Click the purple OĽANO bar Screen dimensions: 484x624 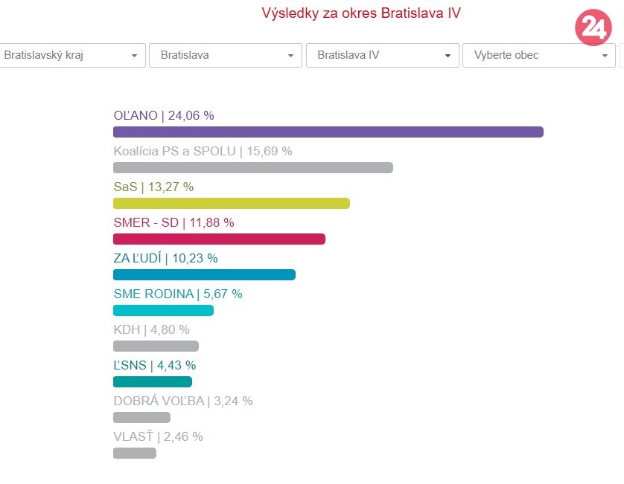(x=328, y=132)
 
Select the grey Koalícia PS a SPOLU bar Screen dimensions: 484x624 (x=252, y=168)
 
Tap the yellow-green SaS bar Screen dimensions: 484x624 (x=231, y=204)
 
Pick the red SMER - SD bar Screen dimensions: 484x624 (x=219, y=239)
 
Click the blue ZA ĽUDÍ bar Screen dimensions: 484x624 (x=204, y=275)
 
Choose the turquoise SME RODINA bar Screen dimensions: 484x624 (x=163, y=311)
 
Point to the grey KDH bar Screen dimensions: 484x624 (x=156, y=346)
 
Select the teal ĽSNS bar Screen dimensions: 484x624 (x=152, y=382)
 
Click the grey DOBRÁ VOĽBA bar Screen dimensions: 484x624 (x=141, y=418)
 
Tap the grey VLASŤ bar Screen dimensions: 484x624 (x=134, y=454)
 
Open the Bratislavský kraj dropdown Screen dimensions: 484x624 (x=71, y=56)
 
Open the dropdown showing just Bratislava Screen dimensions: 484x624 (x=225, y=56)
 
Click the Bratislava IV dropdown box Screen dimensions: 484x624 (x=382, y=56)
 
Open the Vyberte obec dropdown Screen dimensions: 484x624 (x=538, y=56)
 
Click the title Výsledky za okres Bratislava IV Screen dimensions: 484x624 (x=366, y=13)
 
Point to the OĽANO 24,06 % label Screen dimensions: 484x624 (x=164, y=115)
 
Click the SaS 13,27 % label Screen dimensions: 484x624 (x=153, y=187)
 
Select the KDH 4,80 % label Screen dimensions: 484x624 (x=151, y=329)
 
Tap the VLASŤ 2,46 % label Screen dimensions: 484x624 (x=158, y=436)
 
